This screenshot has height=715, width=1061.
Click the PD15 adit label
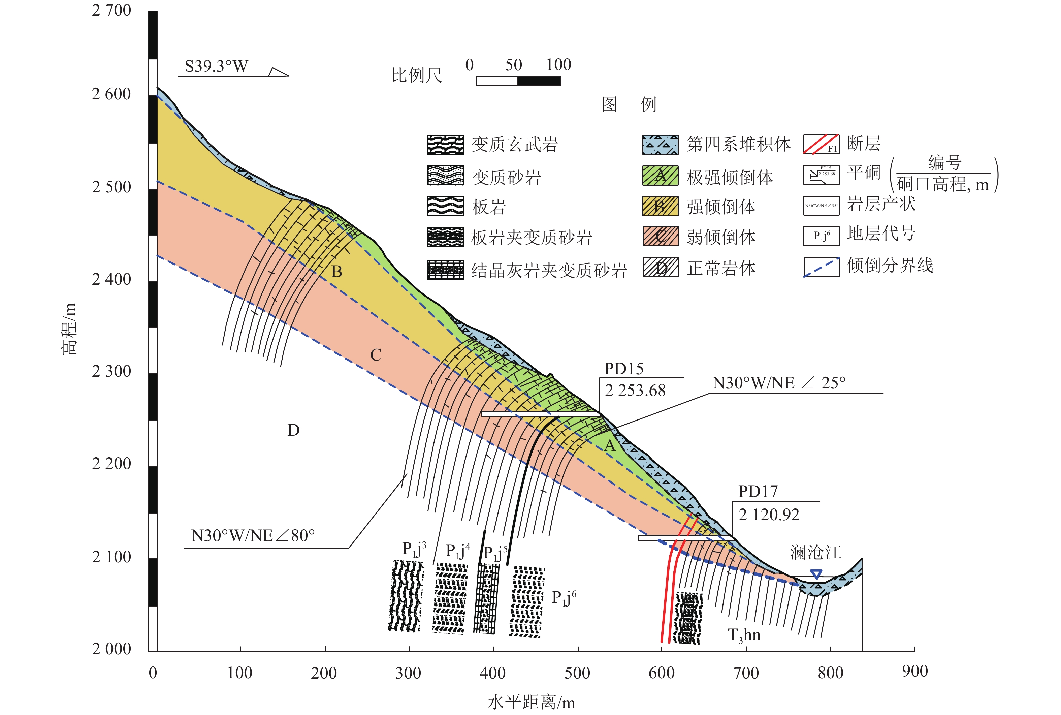[623, 368]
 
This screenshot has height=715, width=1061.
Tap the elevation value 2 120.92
[769, 515]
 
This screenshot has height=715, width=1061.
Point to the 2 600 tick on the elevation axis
[111, 94]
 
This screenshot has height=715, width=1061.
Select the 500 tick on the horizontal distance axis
[577, 673]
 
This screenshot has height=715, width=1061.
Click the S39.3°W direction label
[217, 67]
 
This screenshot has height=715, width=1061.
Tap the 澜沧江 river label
[815, 552]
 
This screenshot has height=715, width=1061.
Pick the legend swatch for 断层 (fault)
[821, 144]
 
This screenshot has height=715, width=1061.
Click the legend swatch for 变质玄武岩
[445, 145]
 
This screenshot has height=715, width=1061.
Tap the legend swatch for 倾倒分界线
[821, 267]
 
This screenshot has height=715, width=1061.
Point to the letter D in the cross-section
[293, 430]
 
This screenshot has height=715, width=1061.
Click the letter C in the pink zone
[376, 355]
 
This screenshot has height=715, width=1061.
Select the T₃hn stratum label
[744, 635]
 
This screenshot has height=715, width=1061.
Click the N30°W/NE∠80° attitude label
[253, 535]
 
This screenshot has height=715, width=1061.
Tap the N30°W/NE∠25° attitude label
[778, 383]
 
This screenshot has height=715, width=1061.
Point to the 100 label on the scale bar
[558, 65]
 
